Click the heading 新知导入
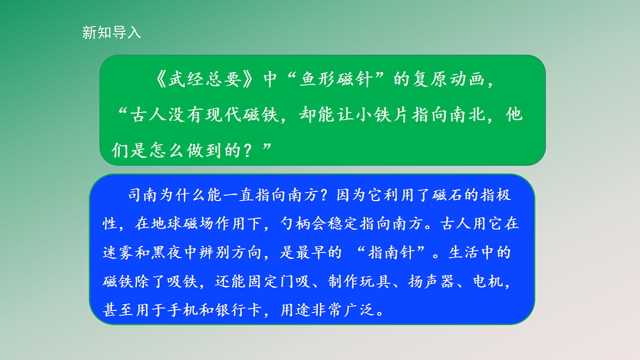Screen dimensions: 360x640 (111, 33)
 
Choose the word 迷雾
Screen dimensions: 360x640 (117, 252)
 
